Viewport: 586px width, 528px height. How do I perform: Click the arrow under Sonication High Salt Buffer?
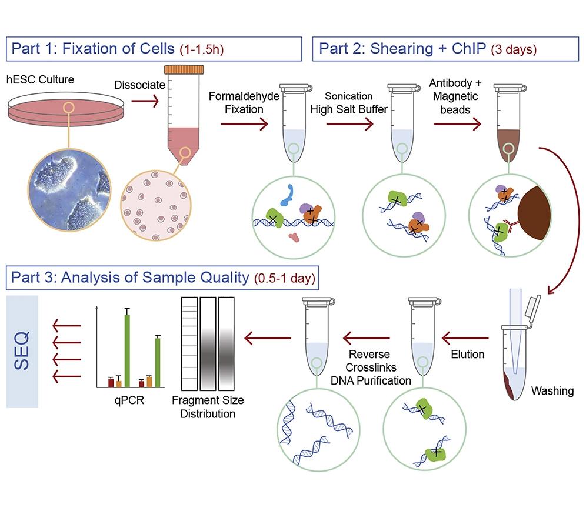click(349, 124)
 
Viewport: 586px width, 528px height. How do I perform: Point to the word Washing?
click(552, 390)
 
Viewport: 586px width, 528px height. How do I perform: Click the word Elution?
click(468, 354)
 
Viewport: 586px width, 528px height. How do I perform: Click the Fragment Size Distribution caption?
click(208, 407)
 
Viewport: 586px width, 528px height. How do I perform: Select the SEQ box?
click(22, 352)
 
